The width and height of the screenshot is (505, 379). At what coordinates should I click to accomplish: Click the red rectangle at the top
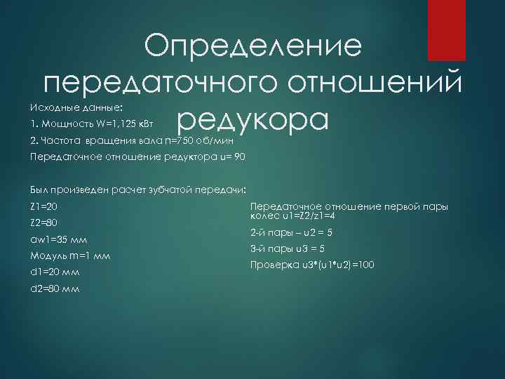click(447, 30)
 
